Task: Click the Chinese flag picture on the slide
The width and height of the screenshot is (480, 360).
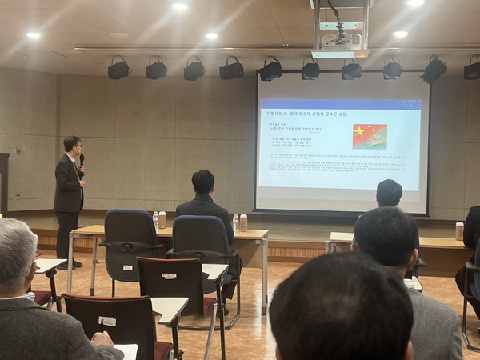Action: click(x=370, y=136)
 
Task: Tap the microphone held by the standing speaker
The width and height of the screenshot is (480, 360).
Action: click(x=82, y=160)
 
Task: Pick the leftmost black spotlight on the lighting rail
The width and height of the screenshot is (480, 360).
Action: click(x=119, y=70)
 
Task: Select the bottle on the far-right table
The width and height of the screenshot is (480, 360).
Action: click(x=459, y=230)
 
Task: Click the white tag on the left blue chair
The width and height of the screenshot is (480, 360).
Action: click(x=127, y=245)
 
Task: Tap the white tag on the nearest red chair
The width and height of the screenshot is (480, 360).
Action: click(x=107, y=321)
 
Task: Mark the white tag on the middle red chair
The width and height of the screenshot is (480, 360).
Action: click(x=169, y=276)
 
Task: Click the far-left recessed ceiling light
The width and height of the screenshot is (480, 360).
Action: click(x=33, y=35)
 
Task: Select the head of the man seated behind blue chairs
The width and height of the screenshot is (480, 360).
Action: click(x=203, y=182)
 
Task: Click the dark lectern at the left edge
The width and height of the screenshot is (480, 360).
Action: click(x=4, y=184)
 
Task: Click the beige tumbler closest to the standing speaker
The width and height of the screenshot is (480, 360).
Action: click(x=162, y=219)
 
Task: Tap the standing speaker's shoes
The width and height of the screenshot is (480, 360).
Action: click(x=70, y=264)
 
